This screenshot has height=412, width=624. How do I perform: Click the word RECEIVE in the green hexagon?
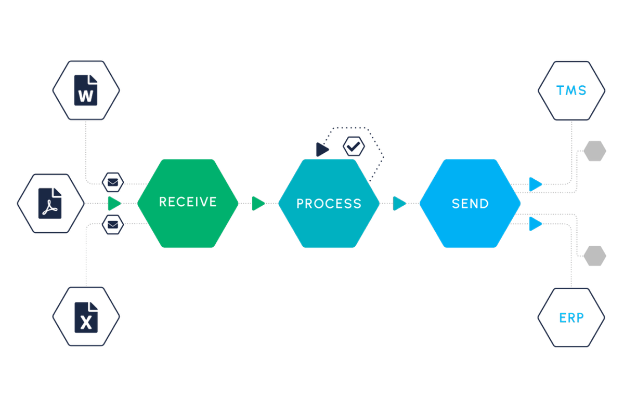[188, 202]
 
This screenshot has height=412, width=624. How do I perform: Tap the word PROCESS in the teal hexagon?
[329, 204]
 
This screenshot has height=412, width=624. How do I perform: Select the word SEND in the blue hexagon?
[470, 204]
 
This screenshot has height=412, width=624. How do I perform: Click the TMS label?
[571, 90]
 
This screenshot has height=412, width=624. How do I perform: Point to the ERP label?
[571, 317]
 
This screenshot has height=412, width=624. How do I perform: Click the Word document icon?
[86, 90]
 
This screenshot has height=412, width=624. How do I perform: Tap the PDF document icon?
[50, 203]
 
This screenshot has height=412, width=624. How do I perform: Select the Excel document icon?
[86, 317]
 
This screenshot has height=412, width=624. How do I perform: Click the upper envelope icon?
[113, 182]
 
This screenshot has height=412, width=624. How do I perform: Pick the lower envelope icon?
[113, 224]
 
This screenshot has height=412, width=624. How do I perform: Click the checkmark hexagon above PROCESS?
[354, 146]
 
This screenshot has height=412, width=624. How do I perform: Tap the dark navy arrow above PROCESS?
[322, 150]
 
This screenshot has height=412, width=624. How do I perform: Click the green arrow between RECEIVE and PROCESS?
[258, 204]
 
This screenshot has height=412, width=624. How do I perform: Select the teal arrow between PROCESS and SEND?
[399, 204]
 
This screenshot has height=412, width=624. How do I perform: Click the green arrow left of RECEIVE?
[114, 204]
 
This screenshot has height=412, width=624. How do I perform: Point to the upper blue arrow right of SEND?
[536, 184]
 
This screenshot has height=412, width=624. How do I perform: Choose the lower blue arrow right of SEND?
[536, 224]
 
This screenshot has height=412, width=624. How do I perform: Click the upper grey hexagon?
[595, 151]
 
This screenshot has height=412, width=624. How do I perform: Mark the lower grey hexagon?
[595, 256]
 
